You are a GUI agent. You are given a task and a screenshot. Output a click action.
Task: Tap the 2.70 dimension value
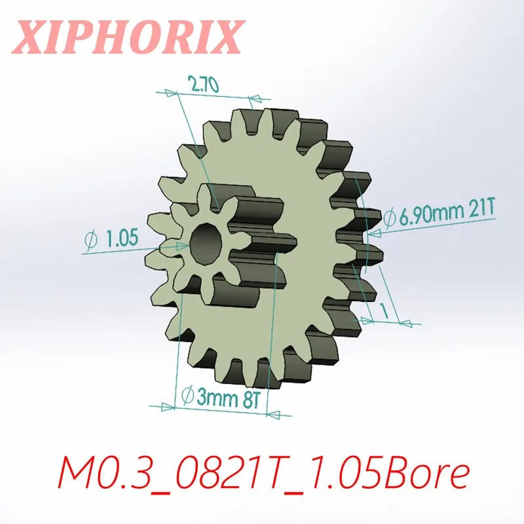coord(204,84)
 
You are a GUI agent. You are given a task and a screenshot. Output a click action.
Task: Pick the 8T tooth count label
coord(252,399)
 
